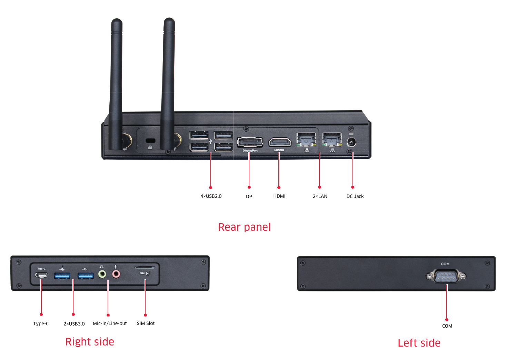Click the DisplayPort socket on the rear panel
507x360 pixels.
coord(250,142)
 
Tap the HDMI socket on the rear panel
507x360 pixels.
coord(280,142)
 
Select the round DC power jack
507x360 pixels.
coord(351,142)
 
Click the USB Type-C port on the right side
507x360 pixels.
coord(41,275)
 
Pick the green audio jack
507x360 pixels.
coord(102,274)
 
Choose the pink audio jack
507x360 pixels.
coord(116,274)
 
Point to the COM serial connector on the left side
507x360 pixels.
coord(446,276)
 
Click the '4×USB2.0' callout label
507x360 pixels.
coord(211,196)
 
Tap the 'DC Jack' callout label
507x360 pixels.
coord(355,196)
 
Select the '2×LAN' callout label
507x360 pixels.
coord(320,196)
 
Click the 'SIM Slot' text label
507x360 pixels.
coord(146,323)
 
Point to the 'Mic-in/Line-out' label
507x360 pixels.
coord(110,323)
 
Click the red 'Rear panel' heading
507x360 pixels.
coord(244,227)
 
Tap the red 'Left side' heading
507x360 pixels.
coord(419,343)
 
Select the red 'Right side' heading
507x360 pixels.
coord(90,341)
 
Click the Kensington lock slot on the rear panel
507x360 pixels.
coord(150,140)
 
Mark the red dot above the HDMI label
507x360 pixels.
coord(279,188)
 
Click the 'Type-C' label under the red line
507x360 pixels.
coord(41,323)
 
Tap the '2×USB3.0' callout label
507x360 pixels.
coord(74,324)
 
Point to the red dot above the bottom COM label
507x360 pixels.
coord(447,320)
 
